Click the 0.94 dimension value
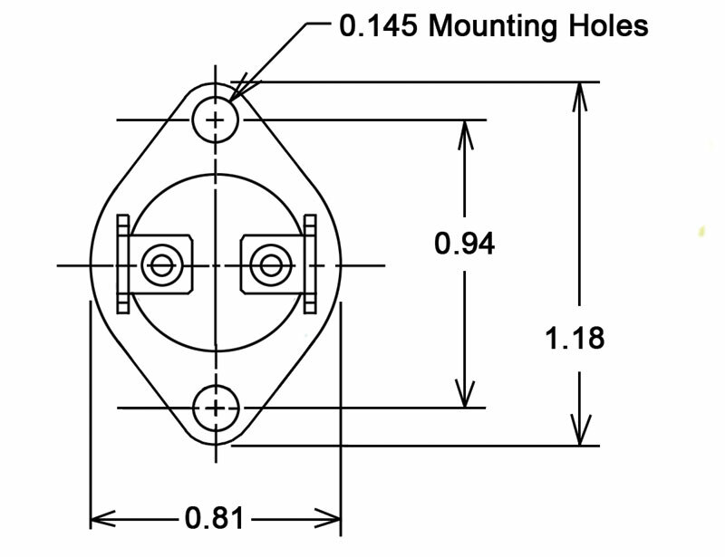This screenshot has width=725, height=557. point(464,245)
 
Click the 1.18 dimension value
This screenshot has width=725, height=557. point(575,339)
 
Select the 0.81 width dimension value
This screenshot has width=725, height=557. point(215,519)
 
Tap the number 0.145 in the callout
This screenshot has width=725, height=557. point(379,25)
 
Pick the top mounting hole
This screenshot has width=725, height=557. point(216,120)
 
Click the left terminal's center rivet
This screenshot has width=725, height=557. point(162,265)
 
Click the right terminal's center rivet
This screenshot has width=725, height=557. point(269,265)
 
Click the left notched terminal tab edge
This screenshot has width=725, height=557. point(124,264)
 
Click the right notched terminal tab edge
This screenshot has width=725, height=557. point(310,264)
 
